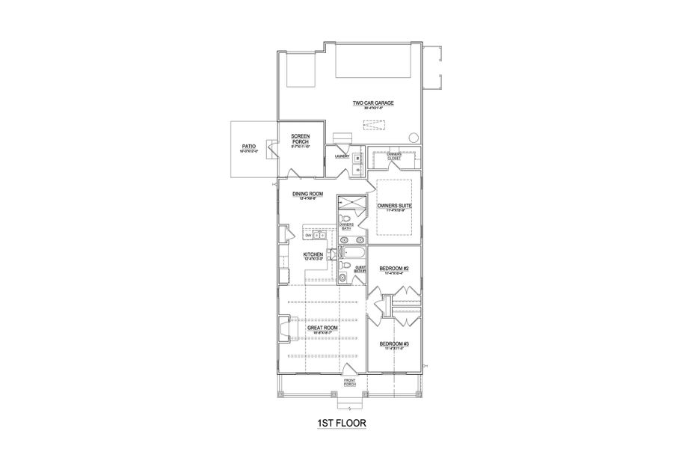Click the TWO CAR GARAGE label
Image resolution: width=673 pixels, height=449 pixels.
coord(373,103)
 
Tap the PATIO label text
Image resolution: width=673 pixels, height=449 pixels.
coord(249,147)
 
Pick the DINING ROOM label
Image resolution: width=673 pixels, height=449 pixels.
coord(307,194)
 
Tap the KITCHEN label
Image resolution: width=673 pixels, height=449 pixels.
coord(313,255)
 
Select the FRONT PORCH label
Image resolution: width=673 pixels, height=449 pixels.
coord(349,383)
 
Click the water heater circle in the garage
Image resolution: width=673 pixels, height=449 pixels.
coord(413,138)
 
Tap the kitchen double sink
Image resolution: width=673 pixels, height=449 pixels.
coord(317,234)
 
